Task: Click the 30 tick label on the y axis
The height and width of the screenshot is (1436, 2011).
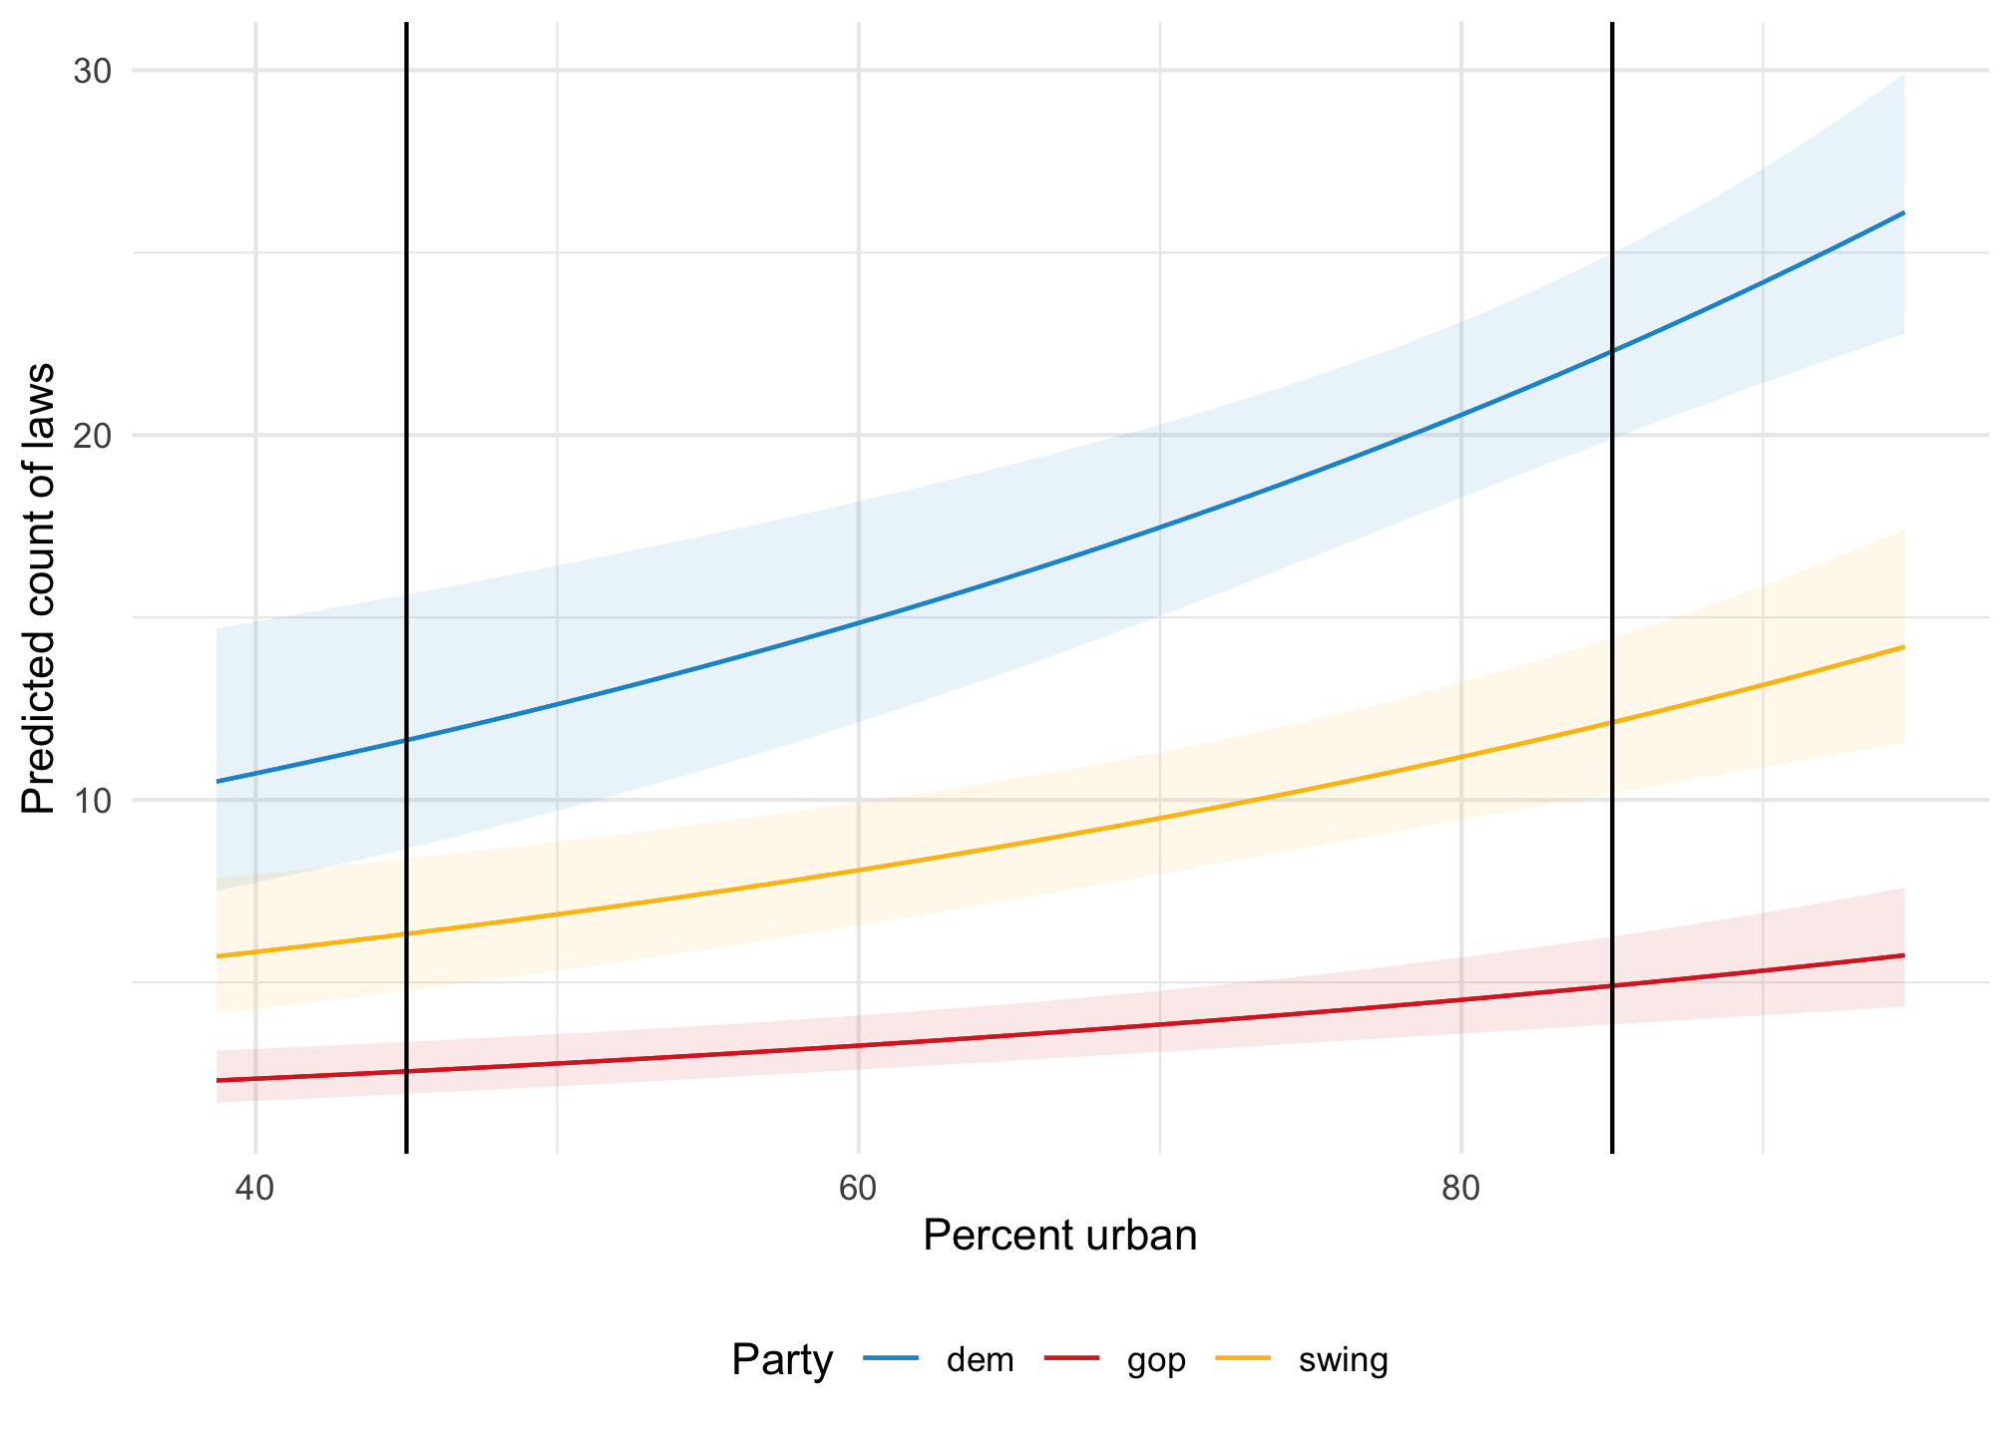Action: [91, 71]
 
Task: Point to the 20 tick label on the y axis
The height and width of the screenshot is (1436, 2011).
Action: [91, 436]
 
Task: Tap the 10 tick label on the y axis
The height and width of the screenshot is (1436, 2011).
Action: [91, 801]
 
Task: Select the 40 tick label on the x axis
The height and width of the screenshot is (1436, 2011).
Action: [255, 1190]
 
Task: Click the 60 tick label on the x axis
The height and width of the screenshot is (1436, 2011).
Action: [858, 1190]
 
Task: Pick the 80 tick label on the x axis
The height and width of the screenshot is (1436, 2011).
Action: [1460, 1190]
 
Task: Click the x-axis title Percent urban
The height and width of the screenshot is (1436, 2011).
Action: [1059, 1237]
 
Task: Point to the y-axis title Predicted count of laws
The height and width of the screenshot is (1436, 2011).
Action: [40, 588]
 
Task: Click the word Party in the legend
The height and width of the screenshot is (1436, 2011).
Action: [782, 1360]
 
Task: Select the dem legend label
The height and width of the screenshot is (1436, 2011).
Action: [980, 1360]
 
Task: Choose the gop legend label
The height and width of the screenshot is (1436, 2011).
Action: [1156, 1360]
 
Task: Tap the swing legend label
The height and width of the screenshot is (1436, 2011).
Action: [1343, 1360]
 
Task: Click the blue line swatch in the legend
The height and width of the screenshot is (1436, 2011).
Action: [890, 1358]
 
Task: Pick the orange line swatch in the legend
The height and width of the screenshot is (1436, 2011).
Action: [1243, 1358]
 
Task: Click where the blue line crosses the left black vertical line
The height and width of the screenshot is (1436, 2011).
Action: [407, 740]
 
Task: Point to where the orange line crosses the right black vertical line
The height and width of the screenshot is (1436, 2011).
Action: [1612, 722]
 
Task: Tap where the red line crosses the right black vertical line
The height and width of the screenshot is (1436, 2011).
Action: [1612, 986]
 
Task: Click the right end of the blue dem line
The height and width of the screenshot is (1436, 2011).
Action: [1904, 213]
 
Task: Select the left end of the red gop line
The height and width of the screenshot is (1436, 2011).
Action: [217, 1080]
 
